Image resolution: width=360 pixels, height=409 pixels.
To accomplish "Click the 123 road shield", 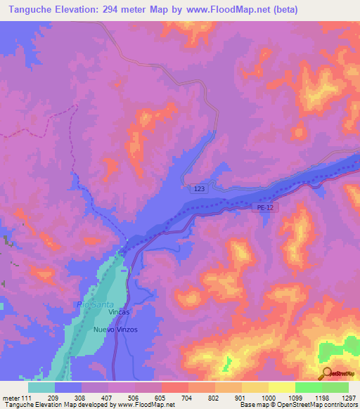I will click(x=199, y=188).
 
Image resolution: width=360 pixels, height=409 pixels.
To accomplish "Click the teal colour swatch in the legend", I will click(x=41, y=387).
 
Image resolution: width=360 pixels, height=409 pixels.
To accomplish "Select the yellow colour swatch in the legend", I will click(x=282, y=387).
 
